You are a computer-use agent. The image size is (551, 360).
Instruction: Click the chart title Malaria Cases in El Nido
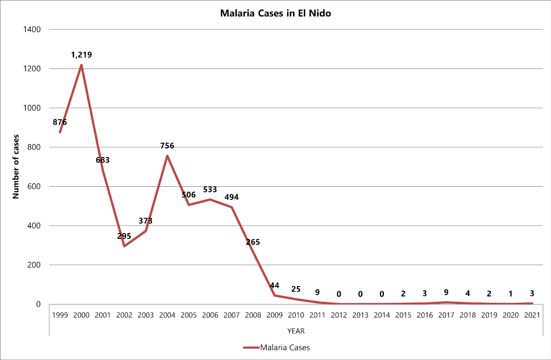click(275, 13)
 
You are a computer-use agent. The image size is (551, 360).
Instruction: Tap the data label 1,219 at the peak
click(81, 55)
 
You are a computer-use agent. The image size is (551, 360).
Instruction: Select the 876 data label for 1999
click(60, 122)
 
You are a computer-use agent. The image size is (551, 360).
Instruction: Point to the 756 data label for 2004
click(167, 146)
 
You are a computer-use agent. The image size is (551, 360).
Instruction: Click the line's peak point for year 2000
click(81, 65)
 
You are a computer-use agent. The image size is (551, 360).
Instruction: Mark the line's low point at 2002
click(124, 246)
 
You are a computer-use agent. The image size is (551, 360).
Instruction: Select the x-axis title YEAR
click(296, 331)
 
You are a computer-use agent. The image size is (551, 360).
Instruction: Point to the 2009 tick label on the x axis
click(275, 315)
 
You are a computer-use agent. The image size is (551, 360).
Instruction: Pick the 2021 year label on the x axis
click(532, 315)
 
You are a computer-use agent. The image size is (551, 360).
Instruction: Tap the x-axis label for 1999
click(60, 315)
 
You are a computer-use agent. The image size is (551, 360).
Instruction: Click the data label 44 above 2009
click(275, 286)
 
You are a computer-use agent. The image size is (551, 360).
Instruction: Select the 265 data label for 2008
click(253, 242)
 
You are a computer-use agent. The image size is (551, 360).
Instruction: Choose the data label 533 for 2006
click(210, 190)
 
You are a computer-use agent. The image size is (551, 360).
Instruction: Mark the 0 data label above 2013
click(360, 295)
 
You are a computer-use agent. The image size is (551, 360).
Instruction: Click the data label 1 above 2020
click(511, 294)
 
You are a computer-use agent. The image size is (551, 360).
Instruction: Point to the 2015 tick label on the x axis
click(403, 315)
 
